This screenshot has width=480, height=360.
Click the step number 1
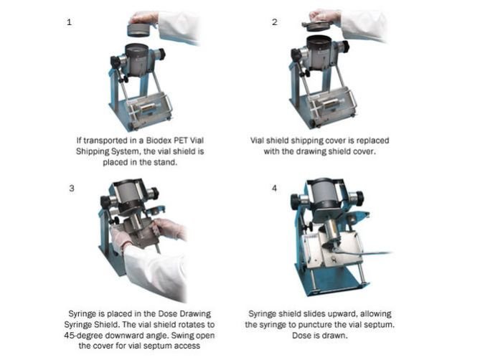point(69,22)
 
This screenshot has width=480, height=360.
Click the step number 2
point(275,22)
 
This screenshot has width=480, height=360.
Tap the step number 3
point(72,188)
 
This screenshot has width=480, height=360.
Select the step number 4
point(274,188)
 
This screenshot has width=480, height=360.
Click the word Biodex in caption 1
point(159,141)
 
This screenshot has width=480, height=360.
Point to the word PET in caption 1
point(181,141)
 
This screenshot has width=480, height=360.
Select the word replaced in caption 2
point(372,141)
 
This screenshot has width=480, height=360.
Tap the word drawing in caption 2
point(311,151)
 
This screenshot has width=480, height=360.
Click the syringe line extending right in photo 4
point(364,252)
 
